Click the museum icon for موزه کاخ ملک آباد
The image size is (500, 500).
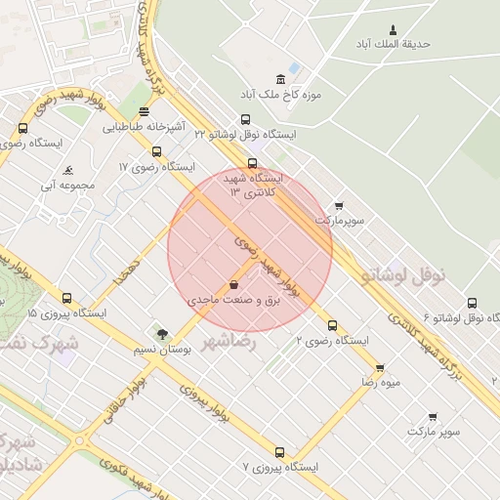tap(281, 79)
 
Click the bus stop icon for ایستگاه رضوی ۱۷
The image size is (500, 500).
tap(157, 151)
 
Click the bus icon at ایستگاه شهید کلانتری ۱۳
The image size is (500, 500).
tap(253, 163)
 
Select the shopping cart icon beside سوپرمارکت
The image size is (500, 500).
tap(339, 206)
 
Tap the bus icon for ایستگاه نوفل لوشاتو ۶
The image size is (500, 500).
tap(473, 303)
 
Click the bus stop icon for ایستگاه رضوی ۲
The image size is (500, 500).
tap(332, 325)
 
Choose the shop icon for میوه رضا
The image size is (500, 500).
tap(380, 367)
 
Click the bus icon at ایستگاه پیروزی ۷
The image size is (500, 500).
tap(280, 452)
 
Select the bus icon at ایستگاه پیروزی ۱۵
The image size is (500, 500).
tap(66, 299)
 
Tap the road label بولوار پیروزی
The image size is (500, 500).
tap(205, 400)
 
